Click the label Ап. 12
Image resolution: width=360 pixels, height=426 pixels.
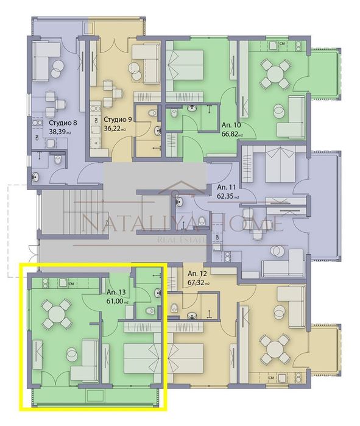tap(198, 274)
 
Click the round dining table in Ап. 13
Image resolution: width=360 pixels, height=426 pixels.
tap(56, 313)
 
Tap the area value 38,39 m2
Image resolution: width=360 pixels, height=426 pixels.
tap(60, 131)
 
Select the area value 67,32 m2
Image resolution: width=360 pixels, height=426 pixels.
tap(199, 283)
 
